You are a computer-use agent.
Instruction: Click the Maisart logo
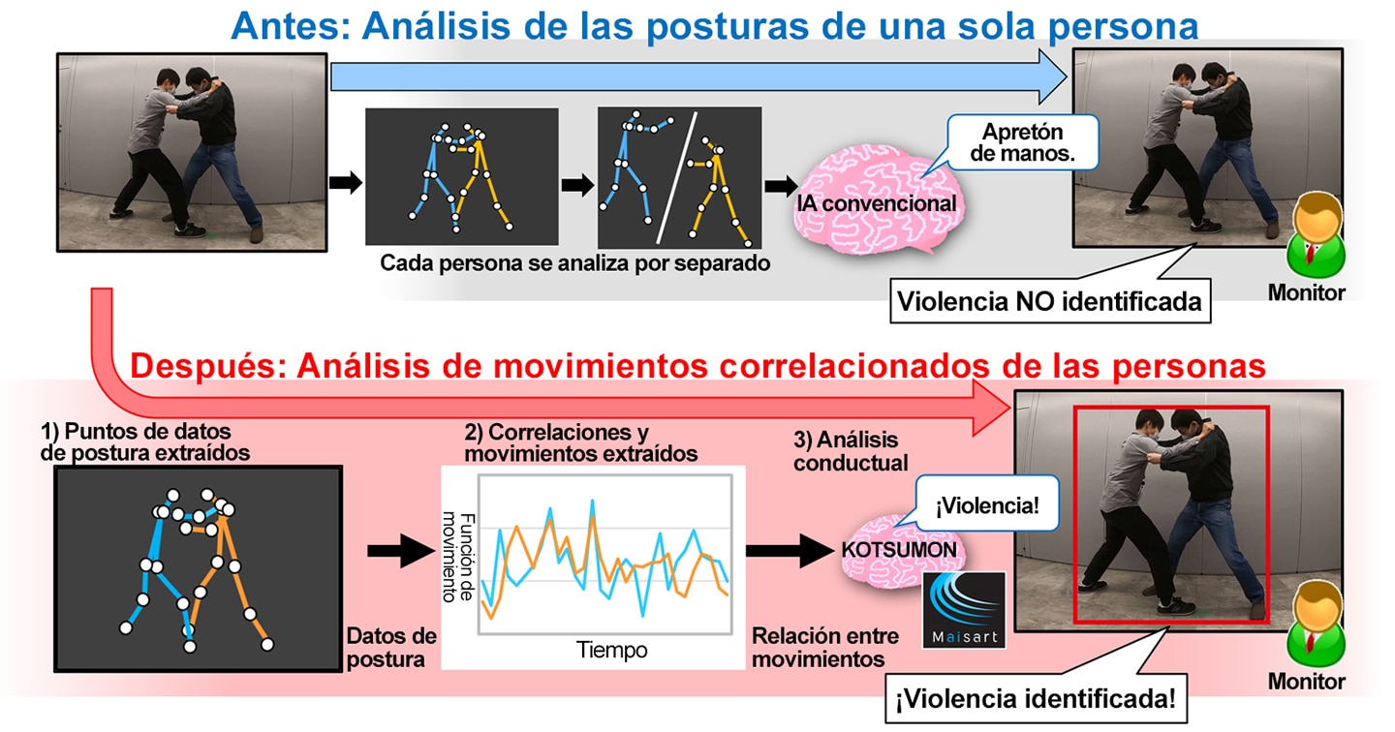964,611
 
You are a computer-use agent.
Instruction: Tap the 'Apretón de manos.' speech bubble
1023,142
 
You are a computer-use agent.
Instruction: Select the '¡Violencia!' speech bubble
987,503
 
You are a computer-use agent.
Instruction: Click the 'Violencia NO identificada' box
1050,301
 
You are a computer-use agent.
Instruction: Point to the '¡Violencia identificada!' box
1036,698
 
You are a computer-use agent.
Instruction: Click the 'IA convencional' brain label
876,203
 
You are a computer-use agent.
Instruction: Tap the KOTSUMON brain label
899,550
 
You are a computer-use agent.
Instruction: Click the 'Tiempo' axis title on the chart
611,650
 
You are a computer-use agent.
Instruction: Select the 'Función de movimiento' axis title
458,557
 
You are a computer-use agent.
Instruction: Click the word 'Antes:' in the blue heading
291,26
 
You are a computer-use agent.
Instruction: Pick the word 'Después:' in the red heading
208,366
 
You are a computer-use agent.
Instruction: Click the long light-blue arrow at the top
698,77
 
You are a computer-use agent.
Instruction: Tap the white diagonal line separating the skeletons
676,177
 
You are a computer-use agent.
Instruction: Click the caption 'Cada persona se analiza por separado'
574,263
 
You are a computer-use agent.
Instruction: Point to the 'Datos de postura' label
391,648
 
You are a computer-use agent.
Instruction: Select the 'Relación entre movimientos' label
825,648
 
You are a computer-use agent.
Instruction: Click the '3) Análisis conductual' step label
851,451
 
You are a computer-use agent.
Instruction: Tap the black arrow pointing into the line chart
401,550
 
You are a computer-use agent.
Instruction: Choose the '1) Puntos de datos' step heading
136,432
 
